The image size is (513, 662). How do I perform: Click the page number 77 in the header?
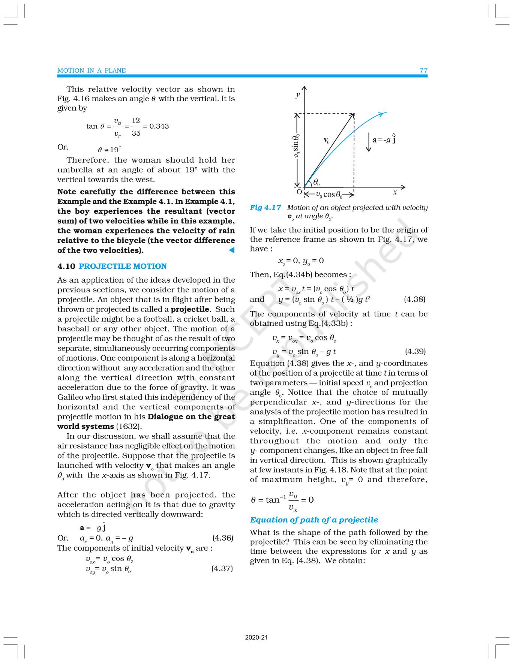(x=423, y=70)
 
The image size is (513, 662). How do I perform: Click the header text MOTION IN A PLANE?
(x=91, y=70)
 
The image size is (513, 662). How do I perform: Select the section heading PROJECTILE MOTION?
(x=123, y=266)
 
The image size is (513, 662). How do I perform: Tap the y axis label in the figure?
(x=298, y=94)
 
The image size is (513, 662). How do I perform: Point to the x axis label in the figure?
(x=394, y=192)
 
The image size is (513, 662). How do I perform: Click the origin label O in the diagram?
(x=299, y=192)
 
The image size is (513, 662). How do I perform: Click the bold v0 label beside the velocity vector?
(x=327, y=141)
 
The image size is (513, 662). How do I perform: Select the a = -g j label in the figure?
(x=384, y=139)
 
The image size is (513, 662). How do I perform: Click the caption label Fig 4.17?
(x=265, y=208)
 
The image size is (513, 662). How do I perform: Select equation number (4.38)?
(x=414, y=299)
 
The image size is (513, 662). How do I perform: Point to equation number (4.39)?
(x=415, y=351)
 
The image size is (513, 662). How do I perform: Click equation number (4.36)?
(x=223, y=538)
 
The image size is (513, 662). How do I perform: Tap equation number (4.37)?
(x=222, y=568)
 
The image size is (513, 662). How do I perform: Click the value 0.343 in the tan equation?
(x=159, y=126)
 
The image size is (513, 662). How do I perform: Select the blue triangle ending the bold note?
(x=232, y=250)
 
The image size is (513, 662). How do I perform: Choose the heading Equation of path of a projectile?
(x=314, y=520)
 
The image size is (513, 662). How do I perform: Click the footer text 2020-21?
(x=256, y=637)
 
